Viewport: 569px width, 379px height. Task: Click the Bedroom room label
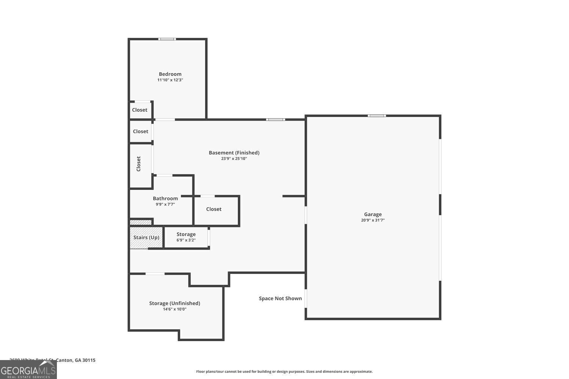coord(170,74)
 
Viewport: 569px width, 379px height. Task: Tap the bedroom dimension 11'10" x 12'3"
coord(170,80)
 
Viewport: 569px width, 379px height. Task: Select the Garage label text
coord(373,214)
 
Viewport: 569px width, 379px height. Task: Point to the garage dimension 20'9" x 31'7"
coord(373,220)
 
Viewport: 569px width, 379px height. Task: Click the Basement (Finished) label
coord(234,153)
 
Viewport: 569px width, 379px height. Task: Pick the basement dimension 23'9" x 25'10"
coord(234,159)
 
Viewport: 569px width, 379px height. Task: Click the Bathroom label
coord(165,199)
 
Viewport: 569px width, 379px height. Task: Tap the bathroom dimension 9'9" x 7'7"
coord(165,204)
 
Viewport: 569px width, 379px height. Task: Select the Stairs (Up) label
coord(146,238)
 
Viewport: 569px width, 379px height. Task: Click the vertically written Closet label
coord(138,164)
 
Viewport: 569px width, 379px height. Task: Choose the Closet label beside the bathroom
coord(214,209)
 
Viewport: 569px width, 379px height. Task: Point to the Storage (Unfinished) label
coord(174,303)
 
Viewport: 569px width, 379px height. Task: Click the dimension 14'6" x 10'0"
coord(174,309)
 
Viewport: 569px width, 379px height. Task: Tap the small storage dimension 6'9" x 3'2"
coord(186,240)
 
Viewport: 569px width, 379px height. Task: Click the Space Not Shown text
coord(280,299)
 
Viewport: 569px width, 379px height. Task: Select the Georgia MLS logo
coord(28,370)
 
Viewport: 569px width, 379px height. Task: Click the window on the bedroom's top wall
coord(167,39)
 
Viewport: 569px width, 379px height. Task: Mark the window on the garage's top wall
coord(377,116)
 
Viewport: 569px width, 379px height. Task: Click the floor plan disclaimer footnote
coord(284,372)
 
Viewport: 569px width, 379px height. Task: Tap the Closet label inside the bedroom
coord(140,110)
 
